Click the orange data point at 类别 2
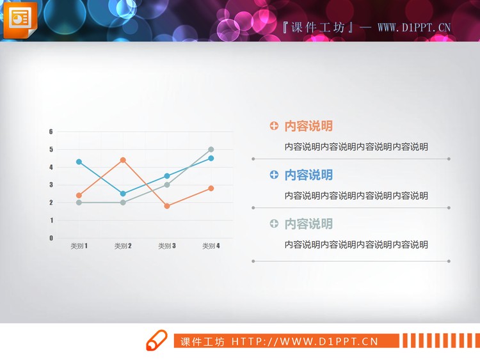click(123, 160)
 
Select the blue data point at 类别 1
click(79, 162)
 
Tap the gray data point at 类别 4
click(211, 150)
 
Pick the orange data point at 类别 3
click(167, 206)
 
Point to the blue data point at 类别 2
click(123, 194)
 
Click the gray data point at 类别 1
click(79, 203)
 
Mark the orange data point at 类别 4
click(211, 189)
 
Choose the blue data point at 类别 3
click(167, 176)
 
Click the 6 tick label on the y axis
click(51, 132)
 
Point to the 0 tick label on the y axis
click(51, 238)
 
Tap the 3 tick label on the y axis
click(51, 185)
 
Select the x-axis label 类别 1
click(79, 246)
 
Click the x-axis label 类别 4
click(211, 246)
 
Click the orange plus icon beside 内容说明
click(274, 126)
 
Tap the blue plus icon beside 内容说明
click(274, 175)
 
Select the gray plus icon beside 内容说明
click(274, 224)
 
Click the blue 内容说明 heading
click(308, 175)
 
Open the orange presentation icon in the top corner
click(20, 20)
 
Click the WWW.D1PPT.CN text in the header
click(414, 27)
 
